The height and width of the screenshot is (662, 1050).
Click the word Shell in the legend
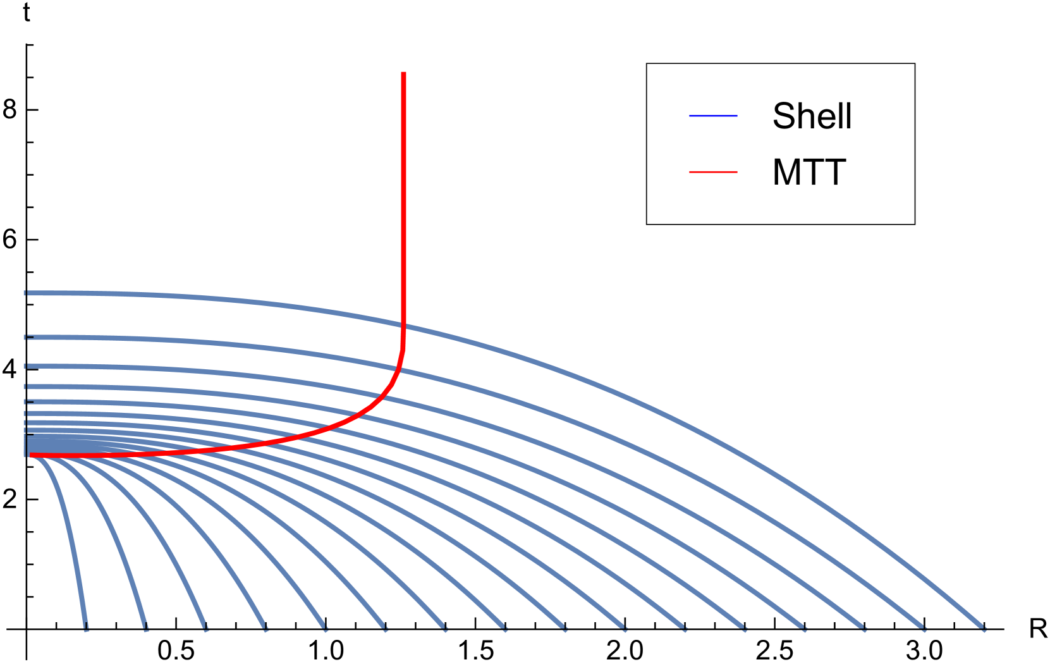812,116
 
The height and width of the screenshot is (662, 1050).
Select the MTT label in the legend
809,172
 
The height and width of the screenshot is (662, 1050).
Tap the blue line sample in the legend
713,116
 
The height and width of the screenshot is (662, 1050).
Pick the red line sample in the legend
713,172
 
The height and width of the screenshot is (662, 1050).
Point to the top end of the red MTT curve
403,73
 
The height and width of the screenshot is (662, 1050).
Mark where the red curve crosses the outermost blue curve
403,326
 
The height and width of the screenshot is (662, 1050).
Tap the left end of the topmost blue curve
27,293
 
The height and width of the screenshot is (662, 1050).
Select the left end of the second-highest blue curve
27,337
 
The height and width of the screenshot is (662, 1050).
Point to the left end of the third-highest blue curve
27,366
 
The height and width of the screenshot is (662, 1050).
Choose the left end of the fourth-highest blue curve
27,386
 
